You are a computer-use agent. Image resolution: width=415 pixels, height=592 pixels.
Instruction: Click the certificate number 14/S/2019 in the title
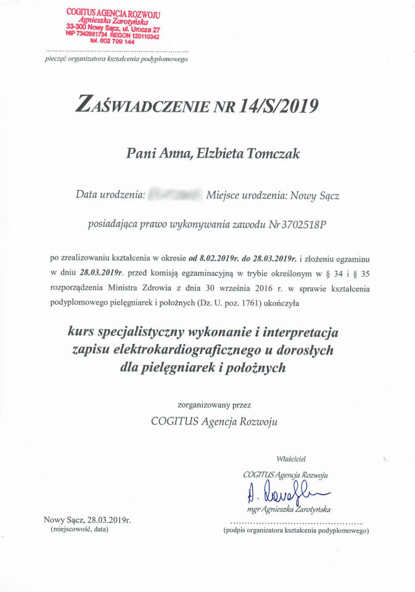click(288, 107)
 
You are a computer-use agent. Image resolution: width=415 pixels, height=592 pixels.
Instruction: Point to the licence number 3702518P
click(303, 224)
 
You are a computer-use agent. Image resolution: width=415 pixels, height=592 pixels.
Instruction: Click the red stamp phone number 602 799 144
click(116, 42)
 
